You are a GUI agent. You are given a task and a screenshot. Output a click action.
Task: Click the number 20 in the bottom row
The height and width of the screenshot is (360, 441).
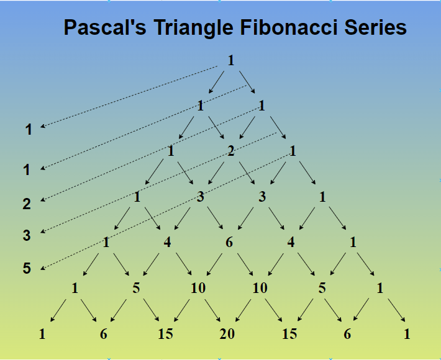[227, 334]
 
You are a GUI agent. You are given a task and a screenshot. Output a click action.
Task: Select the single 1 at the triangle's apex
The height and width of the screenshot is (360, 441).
[231, 61]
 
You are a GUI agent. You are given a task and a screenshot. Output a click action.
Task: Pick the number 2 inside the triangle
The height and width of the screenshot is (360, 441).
[230, 151]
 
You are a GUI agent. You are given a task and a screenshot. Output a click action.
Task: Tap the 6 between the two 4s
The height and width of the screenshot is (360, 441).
[229, 242]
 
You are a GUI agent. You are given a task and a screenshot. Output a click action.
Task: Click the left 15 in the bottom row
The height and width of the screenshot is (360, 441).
[165, 334]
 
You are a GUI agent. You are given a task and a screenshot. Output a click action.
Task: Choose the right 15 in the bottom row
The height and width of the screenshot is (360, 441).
[289, 334]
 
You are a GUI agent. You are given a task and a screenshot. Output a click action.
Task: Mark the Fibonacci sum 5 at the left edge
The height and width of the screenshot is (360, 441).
[27, 269]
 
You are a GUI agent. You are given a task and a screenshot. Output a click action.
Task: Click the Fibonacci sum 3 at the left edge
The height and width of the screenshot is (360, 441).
[27, 235]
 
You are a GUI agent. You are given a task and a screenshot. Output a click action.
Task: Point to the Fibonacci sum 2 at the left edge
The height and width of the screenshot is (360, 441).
[27, 203]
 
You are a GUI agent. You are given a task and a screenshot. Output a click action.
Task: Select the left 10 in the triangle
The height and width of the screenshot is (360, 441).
[198, 288]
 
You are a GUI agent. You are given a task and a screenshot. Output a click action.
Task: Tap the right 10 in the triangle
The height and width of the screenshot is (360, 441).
[260, 288]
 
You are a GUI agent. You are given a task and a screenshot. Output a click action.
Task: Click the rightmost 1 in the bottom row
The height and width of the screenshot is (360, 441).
[407, 334]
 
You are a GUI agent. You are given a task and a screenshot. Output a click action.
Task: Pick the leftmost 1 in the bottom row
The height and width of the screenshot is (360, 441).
[42, 334]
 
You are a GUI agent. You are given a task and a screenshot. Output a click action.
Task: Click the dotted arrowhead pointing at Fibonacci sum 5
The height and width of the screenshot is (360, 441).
[43, 268]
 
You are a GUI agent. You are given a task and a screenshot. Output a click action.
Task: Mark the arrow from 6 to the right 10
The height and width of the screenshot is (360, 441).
[244, 265]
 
